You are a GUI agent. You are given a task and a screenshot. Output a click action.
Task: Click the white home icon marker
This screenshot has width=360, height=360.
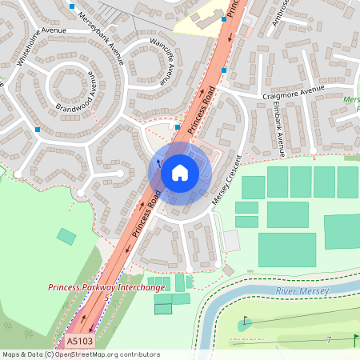[x=180, y=172]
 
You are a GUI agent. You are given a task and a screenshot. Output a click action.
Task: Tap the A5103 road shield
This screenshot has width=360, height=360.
[x=79, y=342]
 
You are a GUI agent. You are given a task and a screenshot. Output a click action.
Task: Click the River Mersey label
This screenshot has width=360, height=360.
[x=301, y=291]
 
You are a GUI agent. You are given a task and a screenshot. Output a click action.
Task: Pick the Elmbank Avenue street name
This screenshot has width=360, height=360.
[x=278, y=128]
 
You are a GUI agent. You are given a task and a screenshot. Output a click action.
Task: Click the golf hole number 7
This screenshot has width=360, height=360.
[x=328, y=341]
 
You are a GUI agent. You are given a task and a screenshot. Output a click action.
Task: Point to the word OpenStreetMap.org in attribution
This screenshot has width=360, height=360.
[x=88, y=354]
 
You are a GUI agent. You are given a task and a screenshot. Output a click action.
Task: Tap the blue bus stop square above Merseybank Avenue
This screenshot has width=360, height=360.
[x=73, y=6]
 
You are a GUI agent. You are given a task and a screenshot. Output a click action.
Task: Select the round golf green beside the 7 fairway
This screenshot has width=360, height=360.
[x=244, y=324]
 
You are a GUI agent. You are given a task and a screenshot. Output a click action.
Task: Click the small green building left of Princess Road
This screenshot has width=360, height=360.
[x=66, y=236]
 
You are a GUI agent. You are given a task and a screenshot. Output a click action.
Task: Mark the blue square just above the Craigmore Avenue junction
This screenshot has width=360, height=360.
[x=224, y=71]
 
